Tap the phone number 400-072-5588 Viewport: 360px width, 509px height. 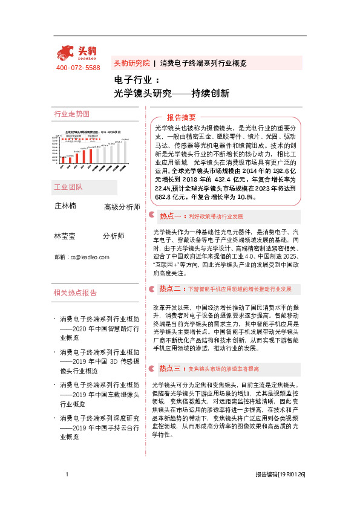point(78,68)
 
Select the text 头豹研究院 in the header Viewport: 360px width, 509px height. point(131,63)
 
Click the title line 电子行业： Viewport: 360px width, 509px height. point(137,80)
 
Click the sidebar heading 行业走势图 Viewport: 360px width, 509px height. point(72,114)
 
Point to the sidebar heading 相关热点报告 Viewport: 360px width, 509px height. point(76,293)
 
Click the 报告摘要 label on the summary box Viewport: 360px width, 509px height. point(182,117)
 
